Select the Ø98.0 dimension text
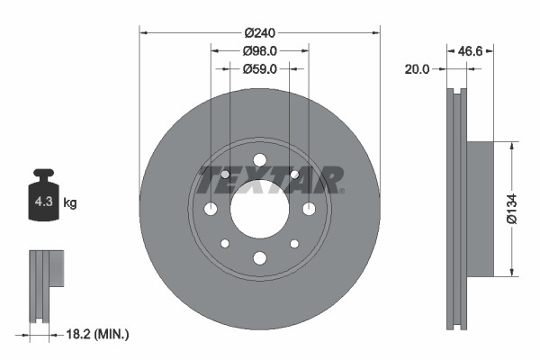tap(259, 51)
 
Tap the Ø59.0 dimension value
tap(259, 68)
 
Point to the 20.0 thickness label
tap(418, 68)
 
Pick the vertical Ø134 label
tap(510, 209)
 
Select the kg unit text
tap(70, 203)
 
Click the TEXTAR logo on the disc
tap(270, 180)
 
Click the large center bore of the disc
tap(259, 210)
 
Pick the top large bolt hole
tap(259, 161)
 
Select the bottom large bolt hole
tap(259, 258)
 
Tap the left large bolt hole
tap(211, 210)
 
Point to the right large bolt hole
tap(309, 210)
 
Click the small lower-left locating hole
tap(225, 244)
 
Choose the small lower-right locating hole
tap(294, 244)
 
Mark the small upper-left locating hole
tap(225, 175)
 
